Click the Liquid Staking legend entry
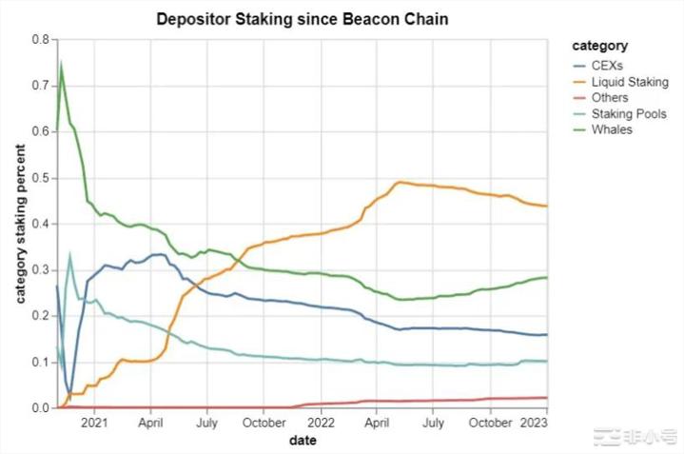pyautogui.click(x=629, y=83)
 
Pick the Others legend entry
pyautogui.click(x=609, y=98)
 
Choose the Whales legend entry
pyautogui.click(x=611, y=129)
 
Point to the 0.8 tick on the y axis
pyautogui.click(x=40, y=40)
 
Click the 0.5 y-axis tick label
pyautogui.click(x=40, y=178)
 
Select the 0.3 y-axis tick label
pyautogui.click(x=40, y=270)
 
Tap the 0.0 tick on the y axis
pyautogui.click(x=40, y=408)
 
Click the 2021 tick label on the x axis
pyautogui.click(x=94, y=422)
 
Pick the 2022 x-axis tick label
pyautogui.click(x=320, y=422)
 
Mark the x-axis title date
pyautogui.click(x=302, y=440)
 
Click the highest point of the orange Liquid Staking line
pyautogui.click(x=400, y=182)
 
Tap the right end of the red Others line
pyautogui.click(x=547, y=398)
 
